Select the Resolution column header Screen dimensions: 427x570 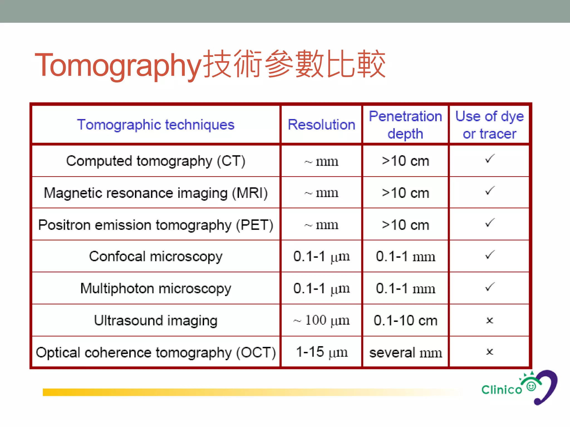(321, 125)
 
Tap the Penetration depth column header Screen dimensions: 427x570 (405, 125)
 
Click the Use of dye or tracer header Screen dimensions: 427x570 (489, 125)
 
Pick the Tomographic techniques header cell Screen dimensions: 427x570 (156, 125)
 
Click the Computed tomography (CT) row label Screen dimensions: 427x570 (156, 161)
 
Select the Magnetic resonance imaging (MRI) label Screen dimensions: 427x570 (156, 193)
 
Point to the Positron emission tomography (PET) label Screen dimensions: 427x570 (156, 225)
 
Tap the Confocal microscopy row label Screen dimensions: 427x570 (156, 256)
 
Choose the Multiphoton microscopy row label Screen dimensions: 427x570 (156, 288)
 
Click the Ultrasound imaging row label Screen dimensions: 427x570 (156, 321)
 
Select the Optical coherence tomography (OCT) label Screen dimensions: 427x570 (156, 352)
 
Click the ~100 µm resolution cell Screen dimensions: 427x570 (321, 321)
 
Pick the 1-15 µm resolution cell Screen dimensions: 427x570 (321, 352)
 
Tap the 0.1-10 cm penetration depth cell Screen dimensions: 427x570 (405, 321)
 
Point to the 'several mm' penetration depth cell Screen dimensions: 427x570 (405, 352)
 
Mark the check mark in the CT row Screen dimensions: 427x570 (490, 159)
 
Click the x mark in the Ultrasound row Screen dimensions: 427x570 (490, 321)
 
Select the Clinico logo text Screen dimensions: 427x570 (502, 390)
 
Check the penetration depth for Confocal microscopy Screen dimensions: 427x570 (405, 256)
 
